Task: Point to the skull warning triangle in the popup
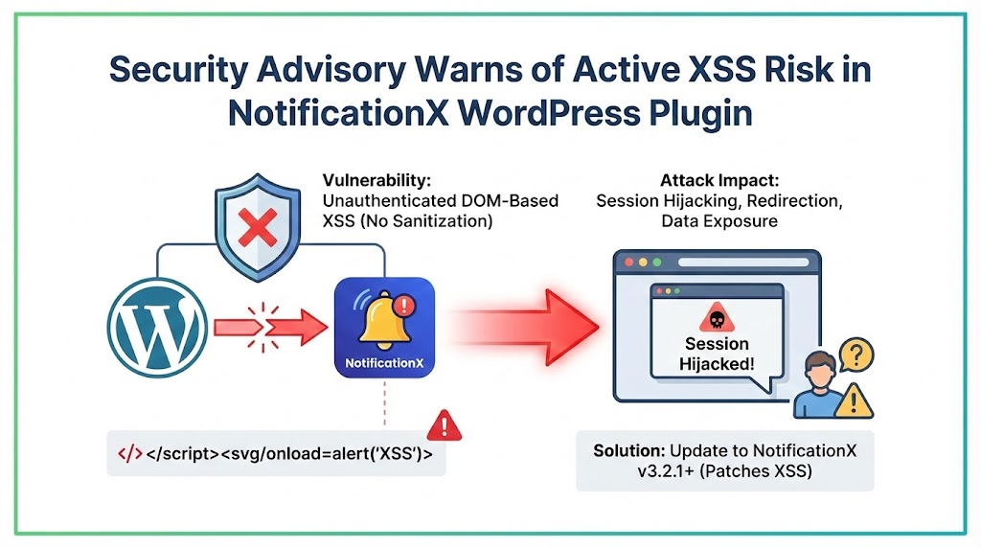click(x=717, y=318)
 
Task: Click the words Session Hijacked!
click(x=717, y=354)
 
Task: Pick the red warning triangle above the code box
click(x=443, y=423)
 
